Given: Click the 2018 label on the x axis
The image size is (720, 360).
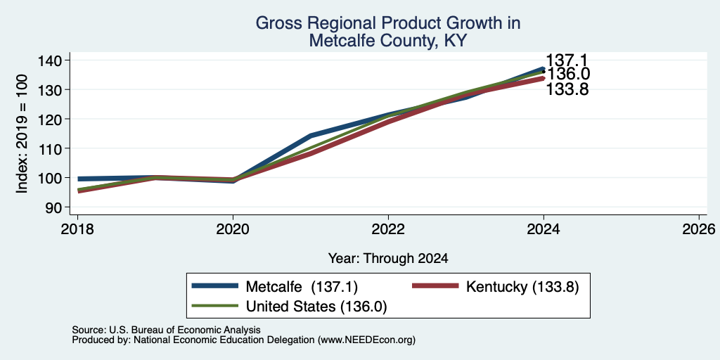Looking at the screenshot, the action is (x=77, y=229).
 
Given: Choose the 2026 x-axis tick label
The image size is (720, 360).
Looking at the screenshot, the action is (x=699, y=229).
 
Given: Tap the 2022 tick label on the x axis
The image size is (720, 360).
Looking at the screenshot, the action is (x=388, y=229).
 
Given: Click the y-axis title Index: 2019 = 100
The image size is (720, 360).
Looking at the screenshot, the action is (x=22, y=134).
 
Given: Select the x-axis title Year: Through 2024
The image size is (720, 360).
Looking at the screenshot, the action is (x=388, y=259).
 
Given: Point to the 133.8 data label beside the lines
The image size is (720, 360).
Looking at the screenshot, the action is (x=567, y=89).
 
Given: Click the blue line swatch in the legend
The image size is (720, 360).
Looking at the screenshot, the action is (x=215, y=286).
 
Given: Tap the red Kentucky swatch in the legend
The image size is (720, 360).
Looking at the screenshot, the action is (x=435, y=286).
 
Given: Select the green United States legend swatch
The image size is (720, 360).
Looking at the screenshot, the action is (x=215, y=306).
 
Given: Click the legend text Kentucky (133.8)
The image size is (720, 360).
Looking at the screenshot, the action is (x=522, y=287).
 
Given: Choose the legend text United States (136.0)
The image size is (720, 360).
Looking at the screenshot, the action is (x=316, y=307).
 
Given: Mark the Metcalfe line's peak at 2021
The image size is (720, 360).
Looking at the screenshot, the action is (x=311, y=136).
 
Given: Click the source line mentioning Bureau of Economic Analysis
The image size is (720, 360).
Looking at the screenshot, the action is (x=166, y=330).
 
